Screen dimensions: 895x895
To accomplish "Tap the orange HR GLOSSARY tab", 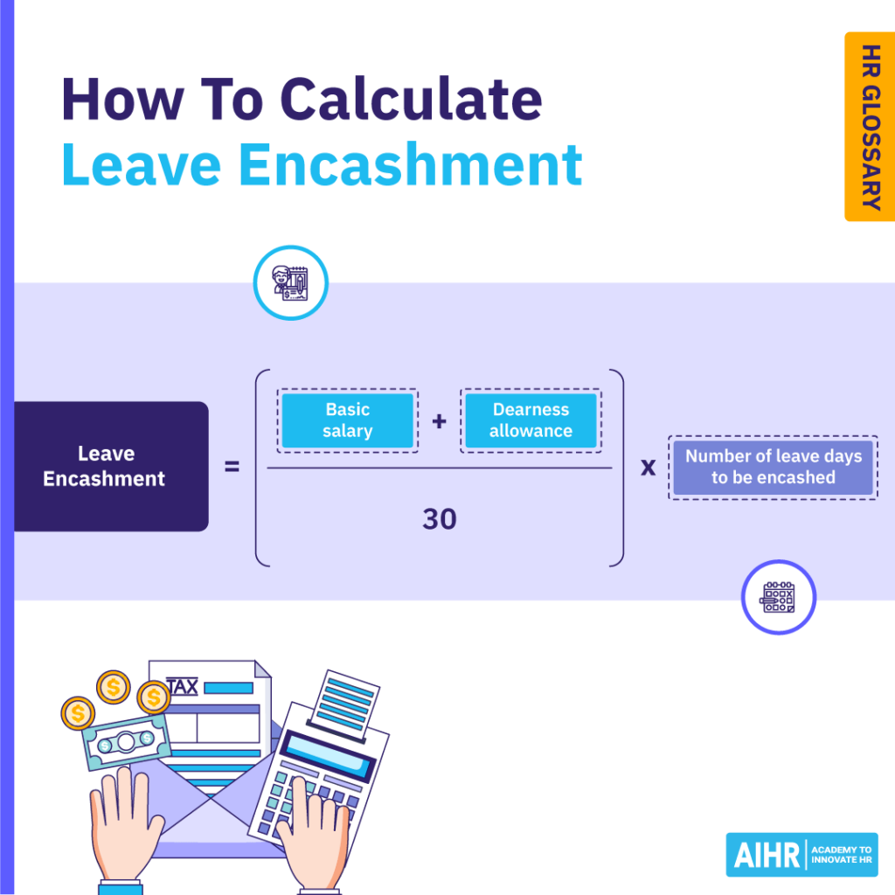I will (x=869, y=127).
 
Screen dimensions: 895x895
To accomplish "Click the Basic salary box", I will (x=347, y=420).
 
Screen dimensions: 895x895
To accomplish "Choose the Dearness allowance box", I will (x=531, y=420).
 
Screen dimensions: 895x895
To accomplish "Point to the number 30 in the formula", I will (x=440, y=519).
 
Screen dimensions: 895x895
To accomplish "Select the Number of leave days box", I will (x=773, y=467).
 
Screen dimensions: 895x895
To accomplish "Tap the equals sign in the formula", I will (x=232, y=468).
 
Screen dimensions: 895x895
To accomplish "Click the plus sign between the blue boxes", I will (x=439, y=421).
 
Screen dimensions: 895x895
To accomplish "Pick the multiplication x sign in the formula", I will (x=648, y=468).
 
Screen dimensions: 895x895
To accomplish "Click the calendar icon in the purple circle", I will (x=778, y=597).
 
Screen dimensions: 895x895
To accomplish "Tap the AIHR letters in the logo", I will (x=766, y=854).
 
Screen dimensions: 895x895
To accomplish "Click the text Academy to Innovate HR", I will (x=841, y=854).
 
